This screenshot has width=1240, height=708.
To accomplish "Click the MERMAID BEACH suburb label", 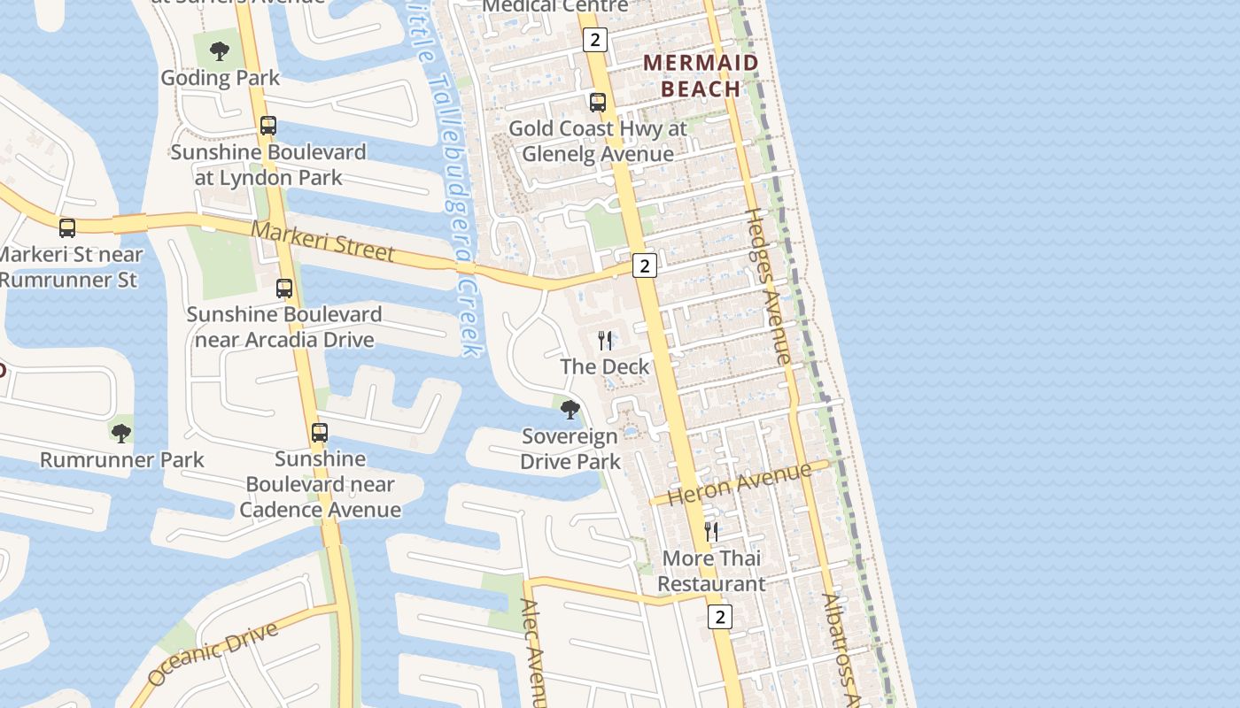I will point(701,75).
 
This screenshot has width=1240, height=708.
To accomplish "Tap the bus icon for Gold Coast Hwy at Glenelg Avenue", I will point(598,102).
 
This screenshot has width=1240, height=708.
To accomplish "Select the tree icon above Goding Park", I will point(220,51).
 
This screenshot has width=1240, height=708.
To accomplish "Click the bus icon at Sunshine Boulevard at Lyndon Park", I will point(268,126).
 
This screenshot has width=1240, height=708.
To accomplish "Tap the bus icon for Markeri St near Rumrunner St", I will point(67,228).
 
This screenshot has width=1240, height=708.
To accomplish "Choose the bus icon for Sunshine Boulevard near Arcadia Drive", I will point(284,289).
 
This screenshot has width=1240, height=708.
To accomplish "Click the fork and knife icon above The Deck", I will point(606,341).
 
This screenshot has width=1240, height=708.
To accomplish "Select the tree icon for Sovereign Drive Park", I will point(570,409).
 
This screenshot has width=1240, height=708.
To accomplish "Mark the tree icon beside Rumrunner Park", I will point(121,433).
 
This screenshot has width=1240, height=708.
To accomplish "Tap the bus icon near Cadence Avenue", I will point(320,433).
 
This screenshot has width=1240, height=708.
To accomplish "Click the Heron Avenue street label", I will point(740,483).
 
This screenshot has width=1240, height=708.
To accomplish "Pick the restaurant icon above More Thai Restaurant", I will point(711,532).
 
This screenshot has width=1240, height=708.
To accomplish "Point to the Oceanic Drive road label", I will point(213,653).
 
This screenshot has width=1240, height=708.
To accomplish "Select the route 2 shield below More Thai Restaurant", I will point(720,617).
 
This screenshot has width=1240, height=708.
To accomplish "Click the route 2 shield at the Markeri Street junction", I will point(645,265).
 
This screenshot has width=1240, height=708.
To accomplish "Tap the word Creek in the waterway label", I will point(469,319).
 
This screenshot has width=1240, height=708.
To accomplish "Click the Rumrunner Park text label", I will point(122,460).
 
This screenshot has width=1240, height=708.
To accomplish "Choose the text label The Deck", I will point(605,366).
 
